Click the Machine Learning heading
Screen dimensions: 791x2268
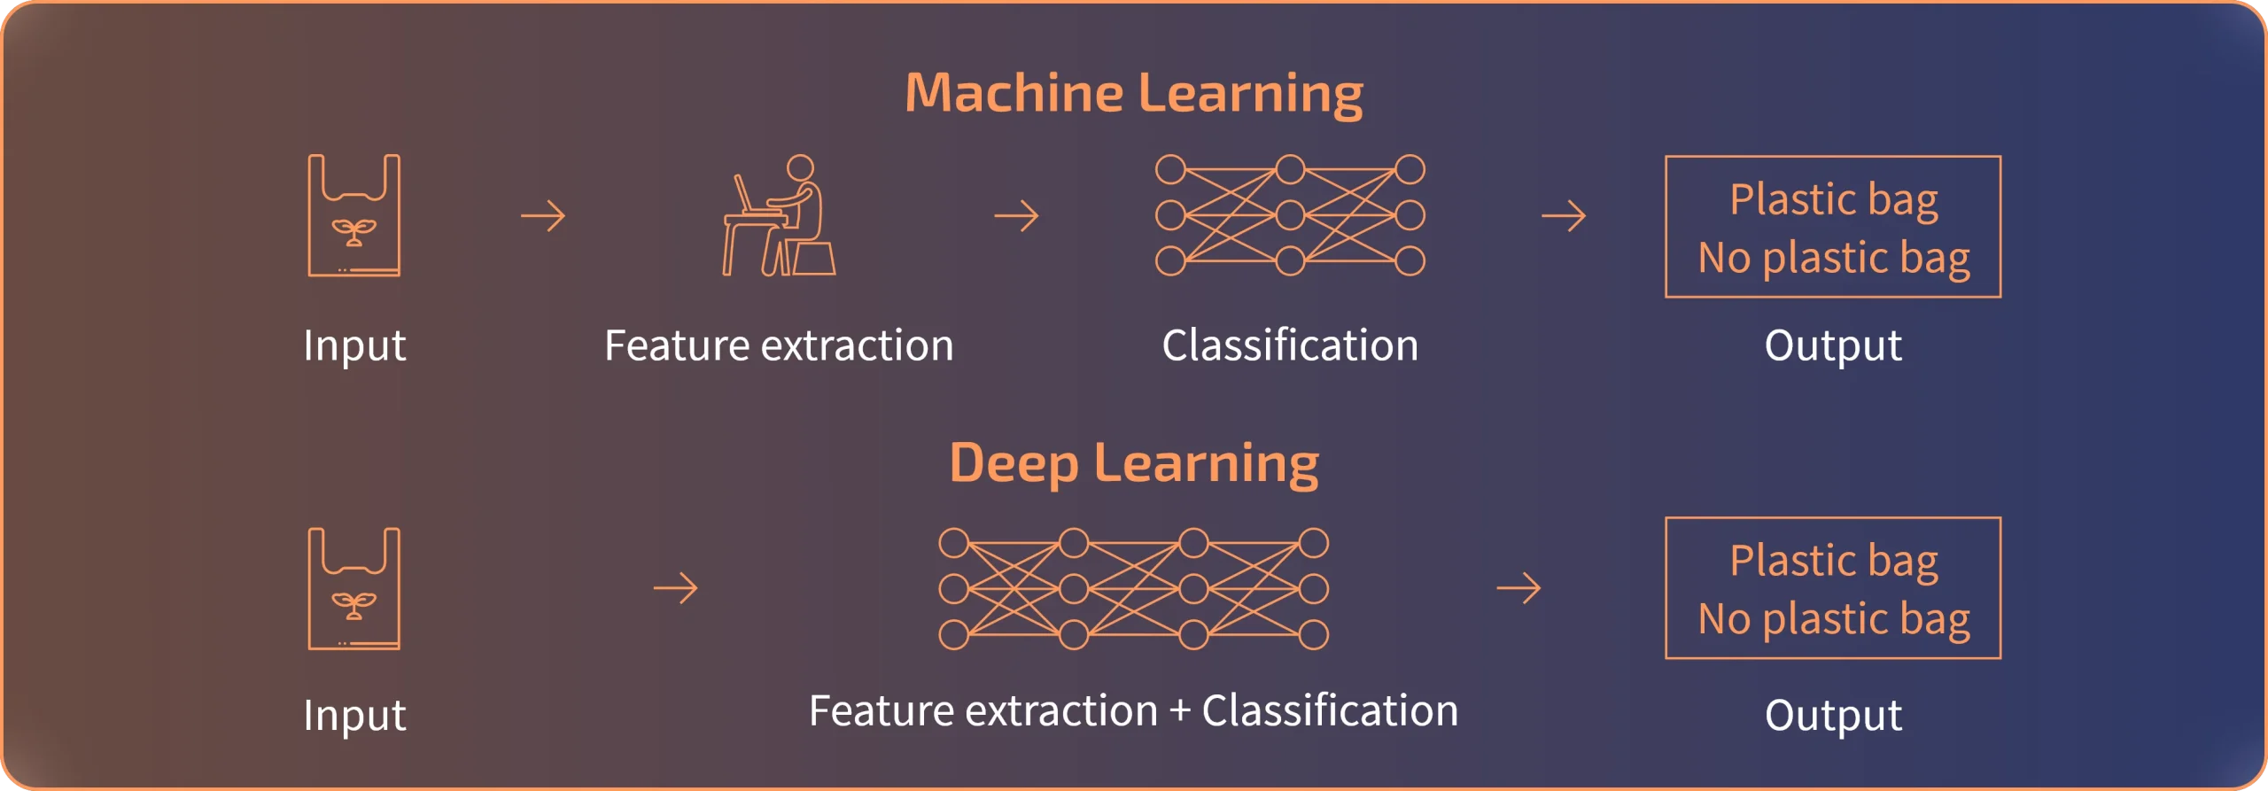pos(1133,93)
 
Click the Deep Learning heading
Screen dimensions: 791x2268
pos(1133,463)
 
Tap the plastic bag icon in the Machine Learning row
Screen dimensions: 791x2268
pos(353,215)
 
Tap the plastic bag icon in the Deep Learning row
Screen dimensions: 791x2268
pos(353,589)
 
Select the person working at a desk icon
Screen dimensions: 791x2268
pos(779,215)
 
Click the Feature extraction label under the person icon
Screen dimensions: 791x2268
pos(779,345)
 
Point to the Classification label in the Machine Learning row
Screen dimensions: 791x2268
pos(1290,345)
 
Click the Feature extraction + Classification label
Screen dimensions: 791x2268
pos(1133,711)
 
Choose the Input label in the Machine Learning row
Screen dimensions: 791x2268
pos(353,345)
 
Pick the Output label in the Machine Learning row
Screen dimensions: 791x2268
pos(1832,345)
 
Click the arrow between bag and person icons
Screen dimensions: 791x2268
pos(543,215)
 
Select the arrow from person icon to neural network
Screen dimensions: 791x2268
pos(1016,215)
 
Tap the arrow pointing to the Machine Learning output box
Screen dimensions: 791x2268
pos(1564,215)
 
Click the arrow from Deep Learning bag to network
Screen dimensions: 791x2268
pos(675,588)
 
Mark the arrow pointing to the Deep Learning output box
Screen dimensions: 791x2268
pos(1518,588)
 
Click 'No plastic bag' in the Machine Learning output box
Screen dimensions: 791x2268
pos(1833,259)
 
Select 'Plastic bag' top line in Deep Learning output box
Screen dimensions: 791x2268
pos(1833,561)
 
